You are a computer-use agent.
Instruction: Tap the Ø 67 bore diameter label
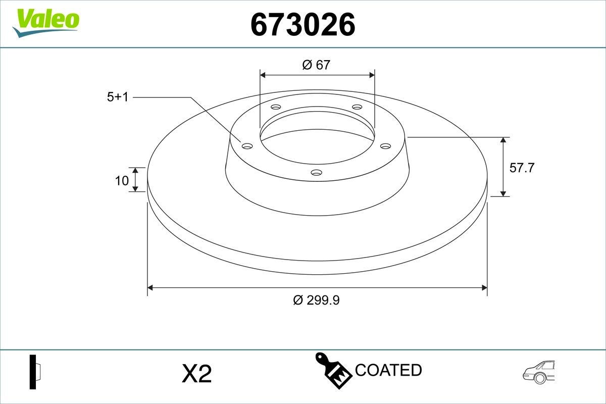click(316, 65)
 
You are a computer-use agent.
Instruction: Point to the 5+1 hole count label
click(118, 97)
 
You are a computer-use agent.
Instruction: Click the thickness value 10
click(122, 180)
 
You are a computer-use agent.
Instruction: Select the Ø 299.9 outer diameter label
click(316, 300)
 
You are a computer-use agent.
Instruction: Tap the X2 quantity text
click(196, 374)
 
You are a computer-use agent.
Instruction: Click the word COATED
click(388, 370)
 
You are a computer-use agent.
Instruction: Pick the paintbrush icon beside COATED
click(333, 372)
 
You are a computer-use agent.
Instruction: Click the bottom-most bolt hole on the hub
click(317, 173)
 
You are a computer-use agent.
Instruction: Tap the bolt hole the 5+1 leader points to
click(247, 146)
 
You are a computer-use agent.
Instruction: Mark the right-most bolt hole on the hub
click(386, 146)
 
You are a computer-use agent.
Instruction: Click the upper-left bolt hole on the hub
click(276, 107)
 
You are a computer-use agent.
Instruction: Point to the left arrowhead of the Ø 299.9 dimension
click(149, 288)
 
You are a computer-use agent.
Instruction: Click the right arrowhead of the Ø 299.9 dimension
click(484, 288)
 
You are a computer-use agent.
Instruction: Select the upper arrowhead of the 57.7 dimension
click(503, 140)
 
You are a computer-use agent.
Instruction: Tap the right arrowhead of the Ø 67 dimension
click(372, 75)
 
